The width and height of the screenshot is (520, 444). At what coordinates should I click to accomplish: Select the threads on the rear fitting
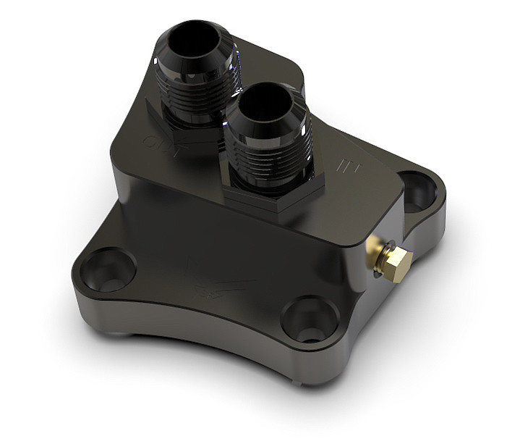tap(194, 94)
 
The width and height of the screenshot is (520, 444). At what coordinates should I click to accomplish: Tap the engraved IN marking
tap(349, 168)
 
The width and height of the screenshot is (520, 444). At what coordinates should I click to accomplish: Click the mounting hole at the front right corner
tap(310, 319)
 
